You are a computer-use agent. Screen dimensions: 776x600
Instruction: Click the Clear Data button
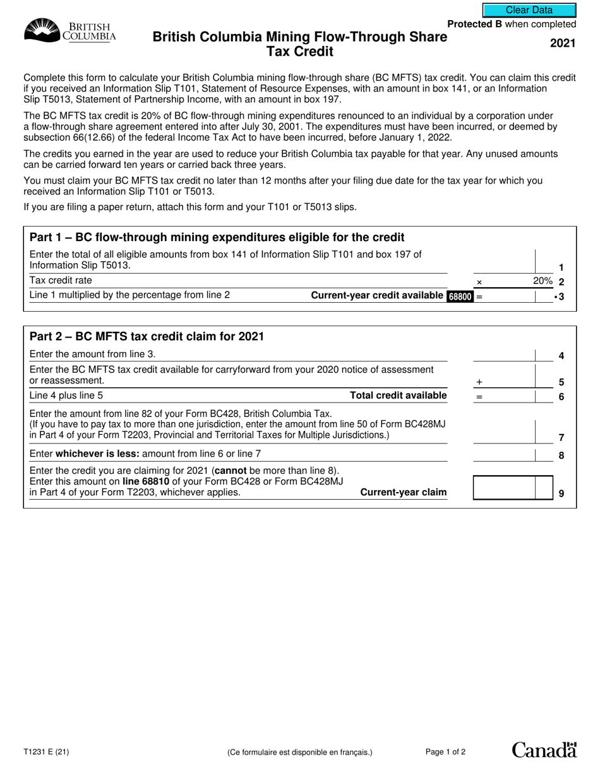coord(529,10)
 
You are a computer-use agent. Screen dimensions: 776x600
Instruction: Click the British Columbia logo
coord(70,30)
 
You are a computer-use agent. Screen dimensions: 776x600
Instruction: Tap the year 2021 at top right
coord(563,44)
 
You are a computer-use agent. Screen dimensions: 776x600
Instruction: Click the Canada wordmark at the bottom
coord(544,750)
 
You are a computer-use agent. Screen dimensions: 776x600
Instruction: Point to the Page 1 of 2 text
coord(446,752)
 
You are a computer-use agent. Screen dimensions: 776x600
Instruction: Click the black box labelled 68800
coord(460,296)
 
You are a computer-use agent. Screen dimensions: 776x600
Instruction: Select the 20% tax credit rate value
coord(543,281)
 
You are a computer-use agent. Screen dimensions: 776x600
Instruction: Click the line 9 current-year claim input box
coord(512,488)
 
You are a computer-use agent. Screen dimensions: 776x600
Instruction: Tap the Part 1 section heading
coord(217,238)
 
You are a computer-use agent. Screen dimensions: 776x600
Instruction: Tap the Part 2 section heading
coord(147,337)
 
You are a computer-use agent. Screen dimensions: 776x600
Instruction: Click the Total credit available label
coord(399,396)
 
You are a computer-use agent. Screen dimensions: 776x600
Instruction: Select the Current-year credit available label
coord(378,295)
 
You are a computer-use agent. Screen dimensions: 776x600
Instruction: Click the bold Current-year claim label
coord(403,492)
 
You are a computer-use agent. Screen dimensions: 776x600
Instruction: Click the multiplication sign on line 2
coord(478,283)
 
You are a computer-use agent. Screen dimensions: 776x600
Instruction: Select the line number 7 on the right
coord(561,437)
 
